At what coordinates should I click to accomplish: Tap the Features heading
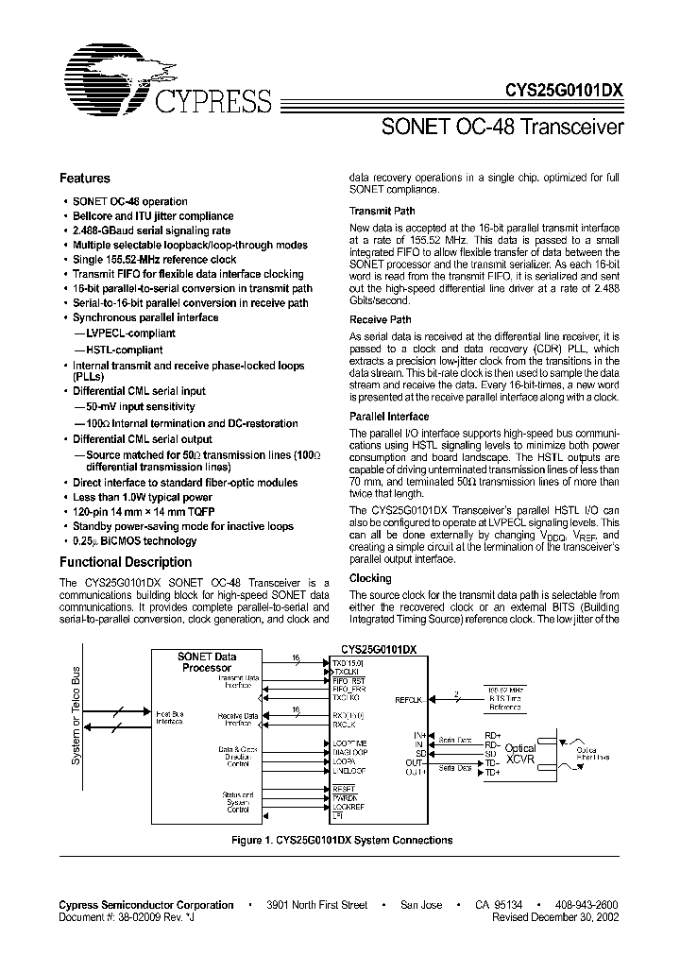click(x=85, y=179)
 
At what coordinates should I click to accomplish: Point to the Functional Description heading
click(x=126, y=562)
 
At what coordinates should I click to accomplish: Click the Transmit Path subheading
click(x=382, y=212)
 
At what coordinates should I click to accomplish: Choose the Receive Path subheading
click(x=381, y=320)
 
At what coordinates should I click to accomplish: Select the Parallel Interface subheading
click(x=389, y=417)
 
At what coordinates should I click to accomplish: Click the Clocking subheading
click(x=370, y=578)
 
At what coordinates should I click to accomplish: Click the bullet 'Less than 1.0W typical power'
click(x=143, y=497)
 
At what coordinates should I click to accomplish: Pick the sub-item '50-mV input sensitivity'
click(x=131, y=405)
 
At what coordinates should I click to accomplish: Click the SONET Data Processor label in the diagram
click(x=207, y=662)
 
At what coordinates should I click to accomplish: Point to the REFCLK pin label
click(x=408, y=700)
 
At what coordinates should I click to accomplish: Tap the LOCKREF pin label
click(x=348, y=806)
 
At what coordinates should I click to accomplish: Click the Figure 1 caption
click(x=342, y=840)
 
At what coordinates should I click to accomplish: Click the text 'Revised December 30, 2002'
click(x=556, y=916)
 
